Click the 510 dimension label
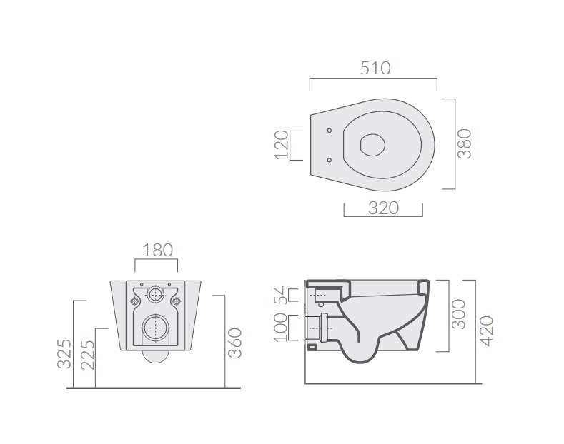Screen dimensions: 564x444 pos(375,69)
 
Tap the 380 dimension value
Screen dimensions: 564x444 pos(465,143)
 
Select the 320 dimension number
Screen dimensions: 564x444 pos(383,208)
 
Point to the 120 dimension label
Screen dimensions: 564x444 pos(282,145)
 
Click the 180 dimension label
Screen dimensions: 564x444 pos(158,251)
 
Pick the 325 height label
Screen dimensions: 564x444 pos(64,354)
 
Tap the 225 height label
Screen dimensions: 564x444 pos(88,355)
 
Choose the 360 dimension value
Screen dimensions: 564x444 pos(235,343)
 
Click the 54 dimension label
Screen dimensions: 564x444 pos(281,295)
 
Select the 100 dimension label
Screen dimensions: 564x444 pos(281,328)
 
